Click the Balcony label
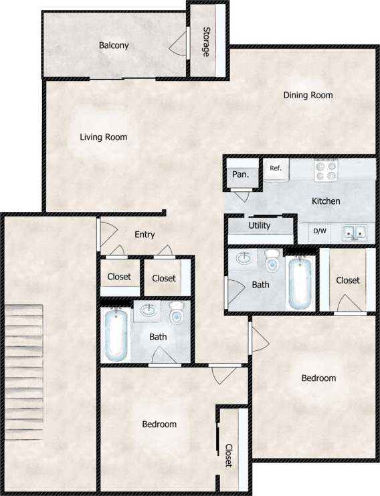tap(114, 45)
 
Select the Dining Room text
tap(308, 95)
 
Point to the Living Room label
tap(104, 137)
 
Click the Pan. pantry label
tap(240, 175)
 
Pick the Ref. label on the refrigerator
tap(275, 168)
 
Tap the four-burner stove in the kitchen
tap(328, 170)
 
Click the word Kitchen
tap(326, 201)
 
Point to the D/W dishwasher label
tap(320, 232)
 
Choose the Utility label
tap(260, 225)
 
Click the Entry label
tap(145, 235)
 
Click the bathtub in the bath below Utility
tap(300, 283)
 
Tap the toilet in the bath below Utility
tap(272, 262)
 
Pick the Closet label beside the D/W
tap(348, 281)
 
